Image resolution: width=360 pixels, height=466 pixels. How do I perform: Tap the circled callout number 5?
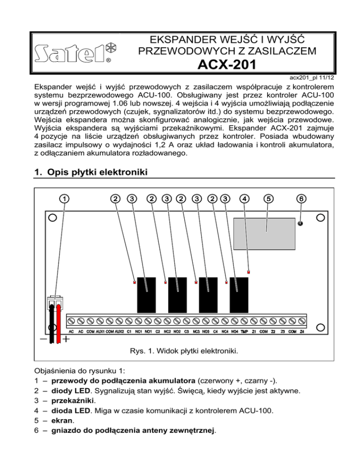[x=268, y=198]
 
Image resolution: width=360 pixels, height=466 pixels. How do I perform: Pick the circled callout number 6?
[x=301, y=198]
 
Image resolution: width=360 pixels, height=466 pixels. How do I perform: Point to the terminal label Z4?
[x=302, y=331]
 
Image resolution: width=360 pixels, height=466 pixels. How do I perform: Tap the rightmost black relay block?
[x=240, y=291]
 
